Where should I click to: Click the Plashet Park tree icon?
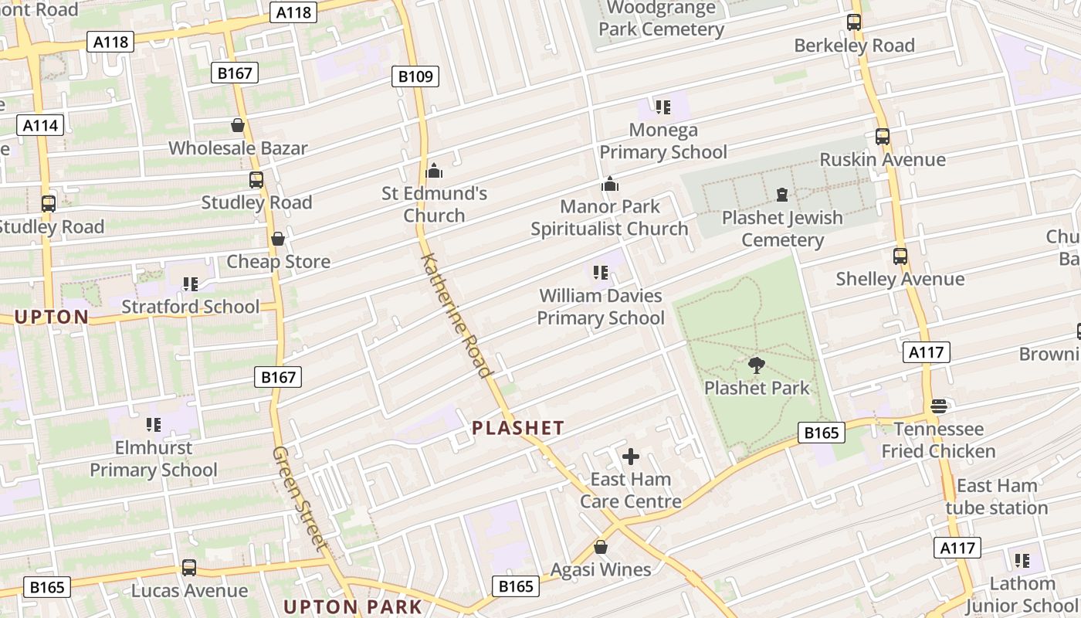tap(757, 365)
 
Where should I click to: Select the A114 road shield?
tap(40, 125)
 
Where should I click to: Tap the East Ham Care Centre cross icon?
tap(631, 457)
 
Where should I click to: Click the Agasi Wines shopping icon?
tap(601, 548)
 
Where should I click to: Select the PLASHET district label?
tap(518, 427)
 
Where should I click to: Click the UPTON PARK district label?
tap(353, 606)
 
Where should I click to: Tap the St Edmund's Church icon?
tap(434, 171)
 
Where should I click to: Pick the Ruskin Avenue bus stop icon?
tap(883, 137)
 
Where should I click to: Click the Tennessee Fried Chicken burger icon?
tap(939, 406)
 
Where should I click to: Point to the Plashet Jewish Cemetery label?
tap(782, 229)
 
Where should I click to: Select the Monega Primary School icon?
tap(662, 107)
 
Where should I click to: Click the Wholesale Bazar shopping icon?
tap(238, 125)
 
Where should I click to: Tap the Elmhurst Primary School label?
tap(154, 459)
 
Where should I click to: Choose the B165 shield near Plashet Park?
tap(821, 433)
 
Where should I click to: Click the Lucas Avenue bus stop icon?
tap(189, 568)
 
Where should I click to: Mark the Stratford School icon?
tap(191, 284)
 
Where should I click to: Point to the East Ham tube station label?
tap(996, 497)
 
